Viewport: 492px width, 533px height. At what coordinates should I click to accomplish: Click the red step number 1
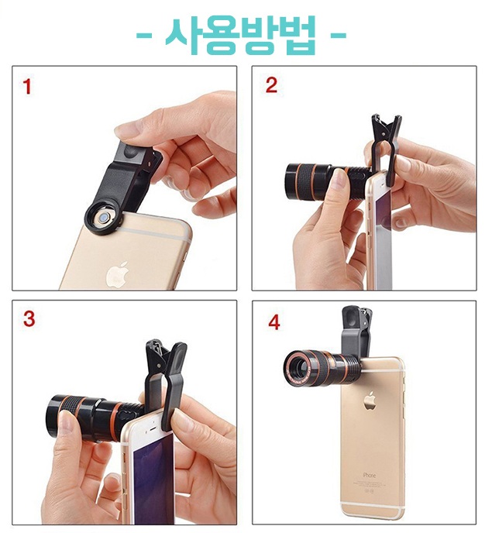point(27,86)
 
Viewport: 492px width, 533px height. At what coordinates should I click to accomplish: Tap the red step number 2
point(271,85)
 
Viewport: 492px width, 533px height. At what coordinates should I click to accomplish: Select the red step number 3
point(29,319)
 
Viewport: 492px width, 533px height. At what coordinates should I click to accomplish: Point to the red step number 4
point(274,322)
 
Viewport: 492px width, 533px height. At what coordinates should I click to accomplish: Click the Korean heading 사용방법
point(241,35)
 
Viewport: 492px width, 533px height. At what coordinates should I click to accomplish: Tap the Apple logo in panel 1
point(117,275)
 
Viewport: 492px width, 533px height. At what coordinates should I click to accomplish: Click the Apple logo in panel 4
point(370,401)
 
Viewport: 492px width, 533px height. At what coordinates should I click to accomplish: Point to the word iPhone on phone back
point(369,475)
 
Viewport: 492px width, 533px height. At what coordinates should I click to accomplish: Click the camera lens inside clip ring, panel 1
point(102,218)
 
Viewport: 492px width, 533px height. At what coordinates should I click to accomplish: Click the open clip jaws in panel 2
point(386,128)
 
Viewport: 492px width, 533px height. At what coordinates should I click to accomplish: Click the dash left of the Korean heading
point(144,35)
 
